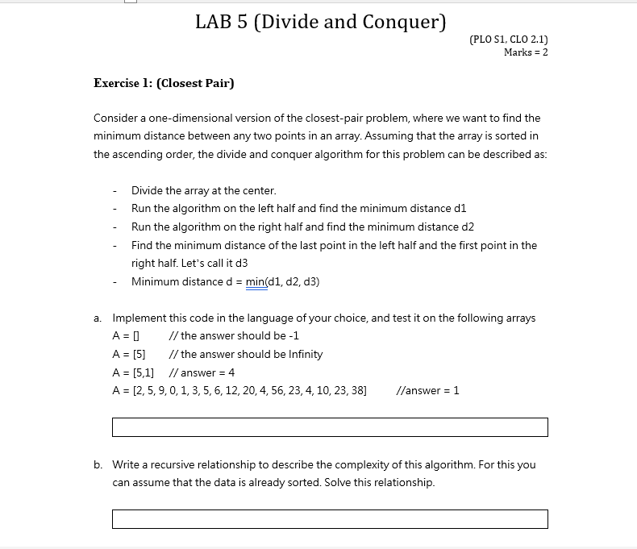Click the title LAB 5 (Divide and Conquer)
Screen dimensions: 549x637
point(320,22)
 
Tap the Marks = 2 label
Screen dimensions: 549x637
point(525,52)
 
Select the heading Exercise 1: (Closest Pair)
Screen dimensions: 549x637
point(164,83)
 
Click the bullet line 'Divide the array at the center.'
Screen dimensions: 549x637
point(203,191)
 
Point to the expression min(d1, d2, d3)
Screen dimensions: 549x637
point(282,281)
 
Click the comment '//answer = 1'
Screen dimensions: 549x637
point(428,391)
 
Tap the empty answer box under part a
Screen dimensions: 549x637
point(329,427)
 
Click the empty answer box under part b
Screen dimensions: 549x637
point(329,519)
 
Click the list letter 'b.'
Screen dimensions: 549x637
point(98,465)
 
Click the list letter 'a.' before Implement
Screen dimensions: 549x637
point(98,318)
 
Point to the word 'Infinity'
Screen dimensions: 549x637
point(302,355)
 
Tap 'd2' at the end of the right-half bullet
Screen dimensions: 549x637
point(467,227)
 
